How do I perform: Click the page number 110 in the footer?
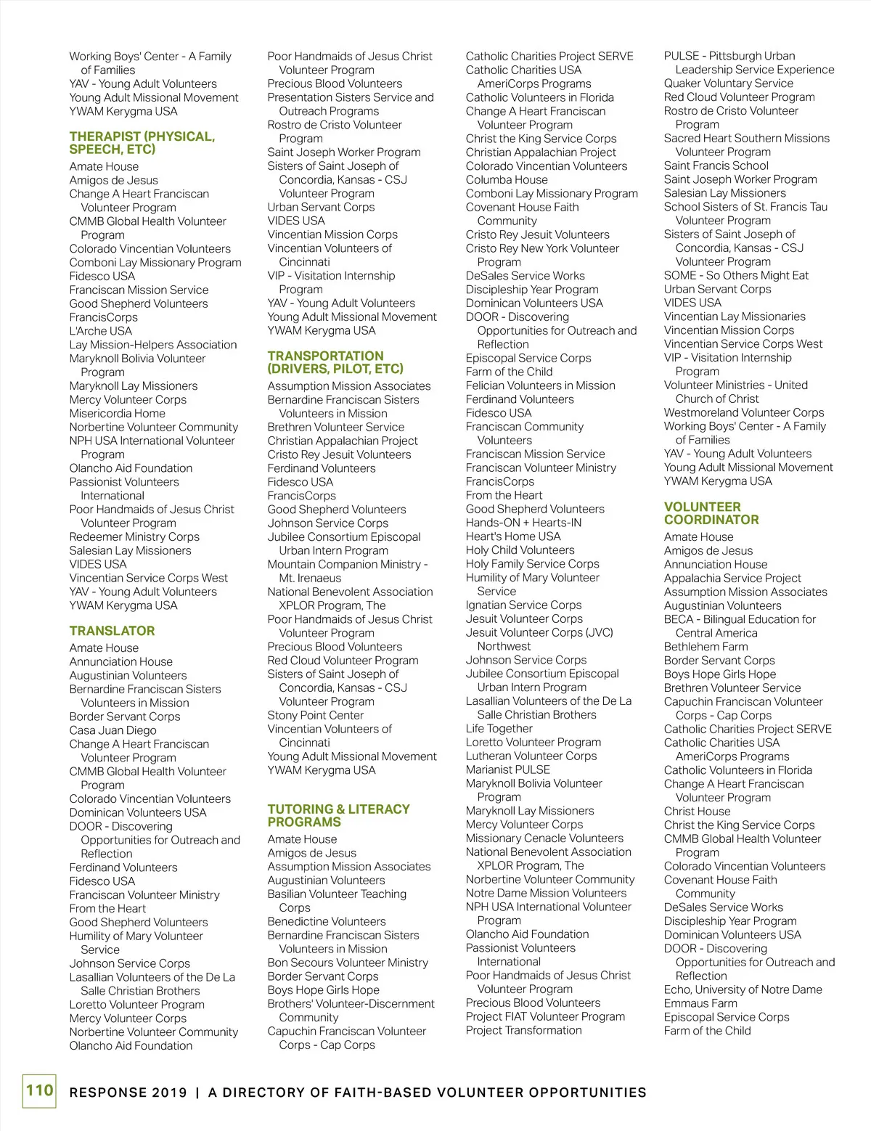(39, 1090)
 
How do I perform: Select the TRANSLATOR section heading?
(112, 631)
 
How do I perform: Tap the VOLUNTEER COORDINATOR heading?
(711, 513)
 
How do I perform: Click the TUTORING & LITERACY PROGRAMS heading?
(338, 815)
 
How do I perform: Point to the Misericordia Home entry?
(117, 413)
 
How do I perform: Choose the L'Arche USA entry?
(100, 331)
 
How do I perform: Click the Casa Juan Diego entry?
(113, 730)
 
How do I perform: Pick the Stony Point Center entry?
(315, 715)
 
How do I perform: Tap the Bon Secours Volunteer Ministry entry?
(348, 963)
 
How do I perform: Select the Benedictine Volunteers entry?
(327, 921)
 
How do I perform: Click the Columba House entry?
(507, 179)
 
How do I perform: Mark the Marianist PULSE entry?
(508, 769)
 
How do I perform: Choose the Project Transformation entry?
(523, 1030)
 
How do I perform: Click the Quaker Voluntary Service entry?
(728, 83)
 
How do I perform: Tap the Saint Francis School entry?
(716, 166)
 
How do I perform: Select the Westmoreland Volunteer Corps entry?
(743, 412)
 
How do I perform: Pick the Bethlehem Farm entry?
(706, 647)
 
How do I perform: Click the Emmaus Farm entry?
(700, 1003)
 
